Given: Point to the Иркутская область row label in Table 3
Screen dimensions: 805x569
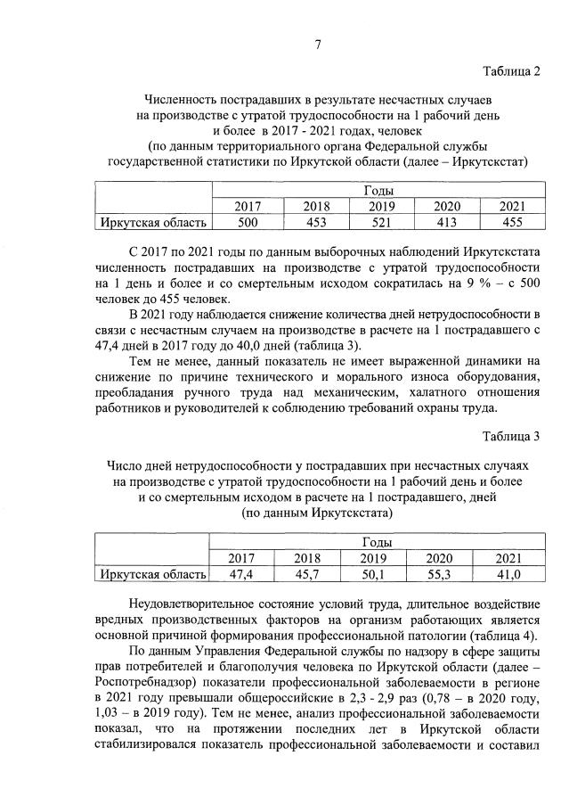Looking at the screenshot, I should coord(153,574).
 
